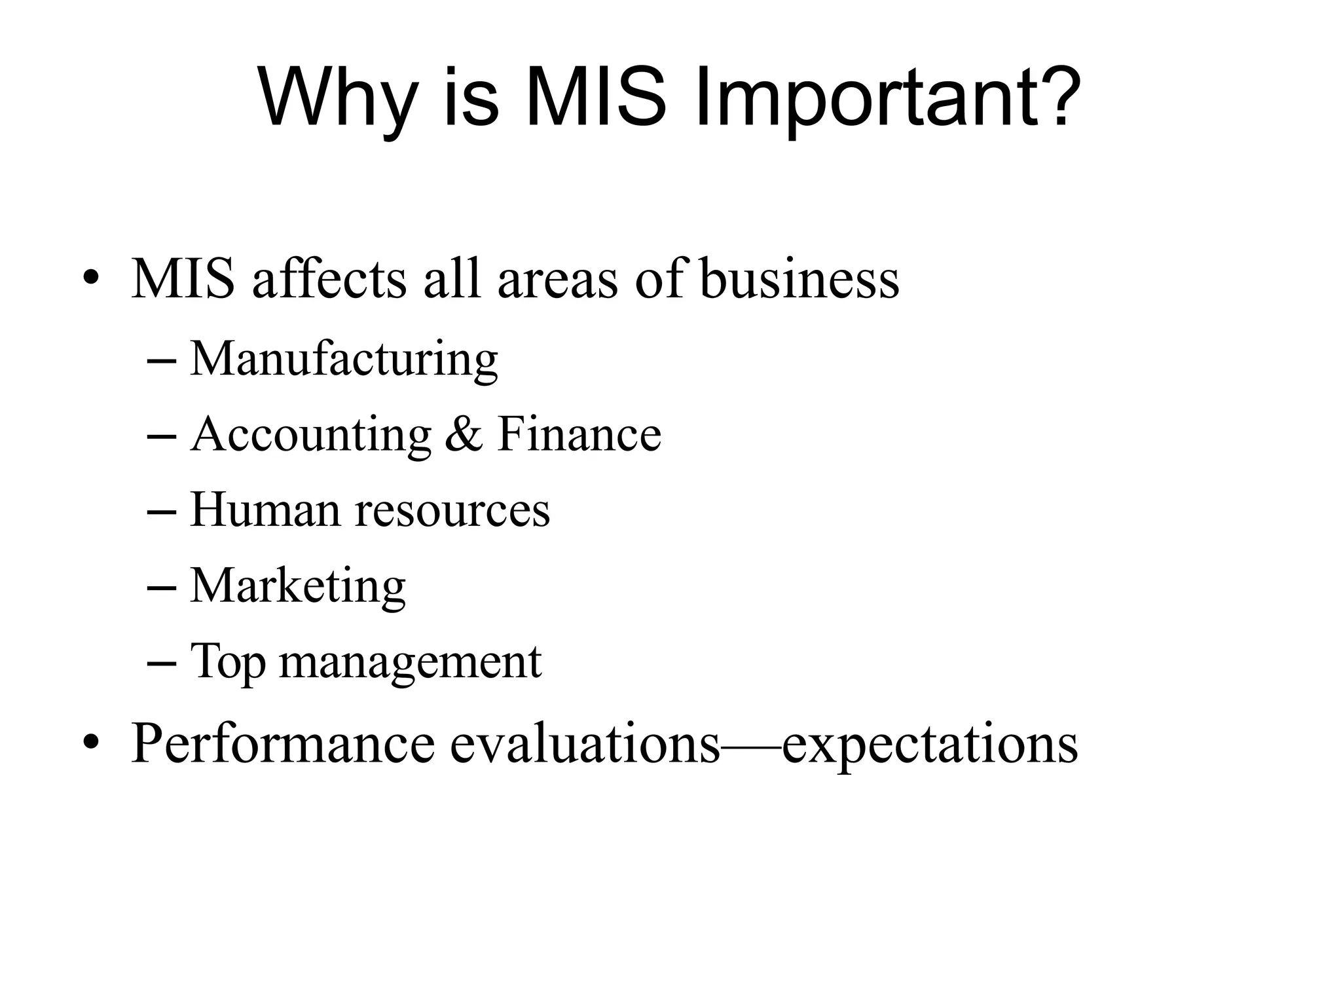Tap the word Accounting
pos(311,435)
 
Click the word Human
pos(265,510)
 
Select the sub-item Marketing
pos(298,586)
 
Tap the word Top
pos(228,661)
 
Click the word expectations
pos(930,745)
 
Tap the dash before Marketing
pos(162,587)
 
